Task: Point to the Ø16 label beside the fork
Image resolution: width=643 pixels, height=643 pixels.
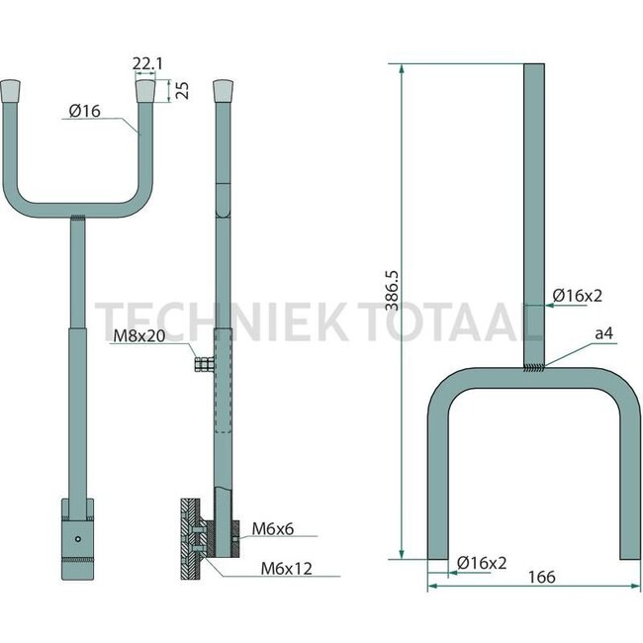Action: point(86,114)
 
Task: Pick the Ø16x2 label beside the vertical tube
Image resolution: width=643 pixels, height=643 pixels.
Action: point(578,295)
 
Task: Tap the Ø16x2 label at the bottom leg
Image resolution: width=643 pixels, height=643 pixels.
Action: point(482,562)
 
